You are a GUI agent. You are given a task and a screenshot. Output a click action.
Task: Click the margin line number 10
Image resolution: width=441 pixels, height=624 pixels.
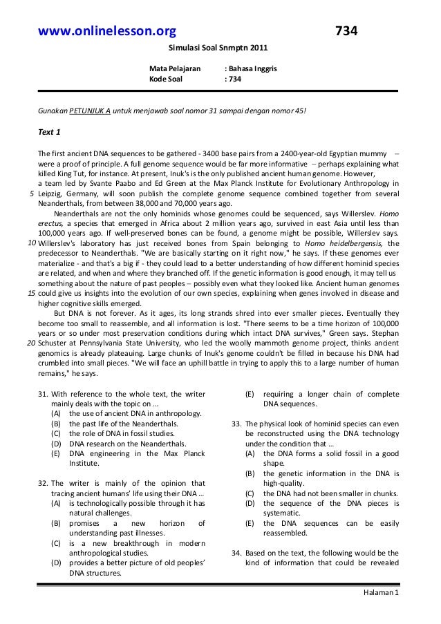tap(32, 243)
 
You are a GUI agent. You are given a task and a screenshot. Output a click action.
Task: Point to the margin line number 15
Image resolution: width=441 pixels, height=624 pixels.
tap(32, 293)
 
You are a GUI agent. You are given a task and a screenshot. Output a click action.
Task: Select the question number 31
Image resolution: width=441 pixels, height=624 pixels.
tap(43, 394)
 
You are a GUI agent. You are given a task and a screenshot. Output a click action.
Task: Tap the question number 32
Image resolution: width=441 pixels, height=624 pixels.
tap(43, 483)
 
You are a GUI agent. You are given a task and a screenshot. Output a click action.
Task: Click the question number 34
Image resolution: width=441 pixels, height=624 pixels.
tap(236, 553)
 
